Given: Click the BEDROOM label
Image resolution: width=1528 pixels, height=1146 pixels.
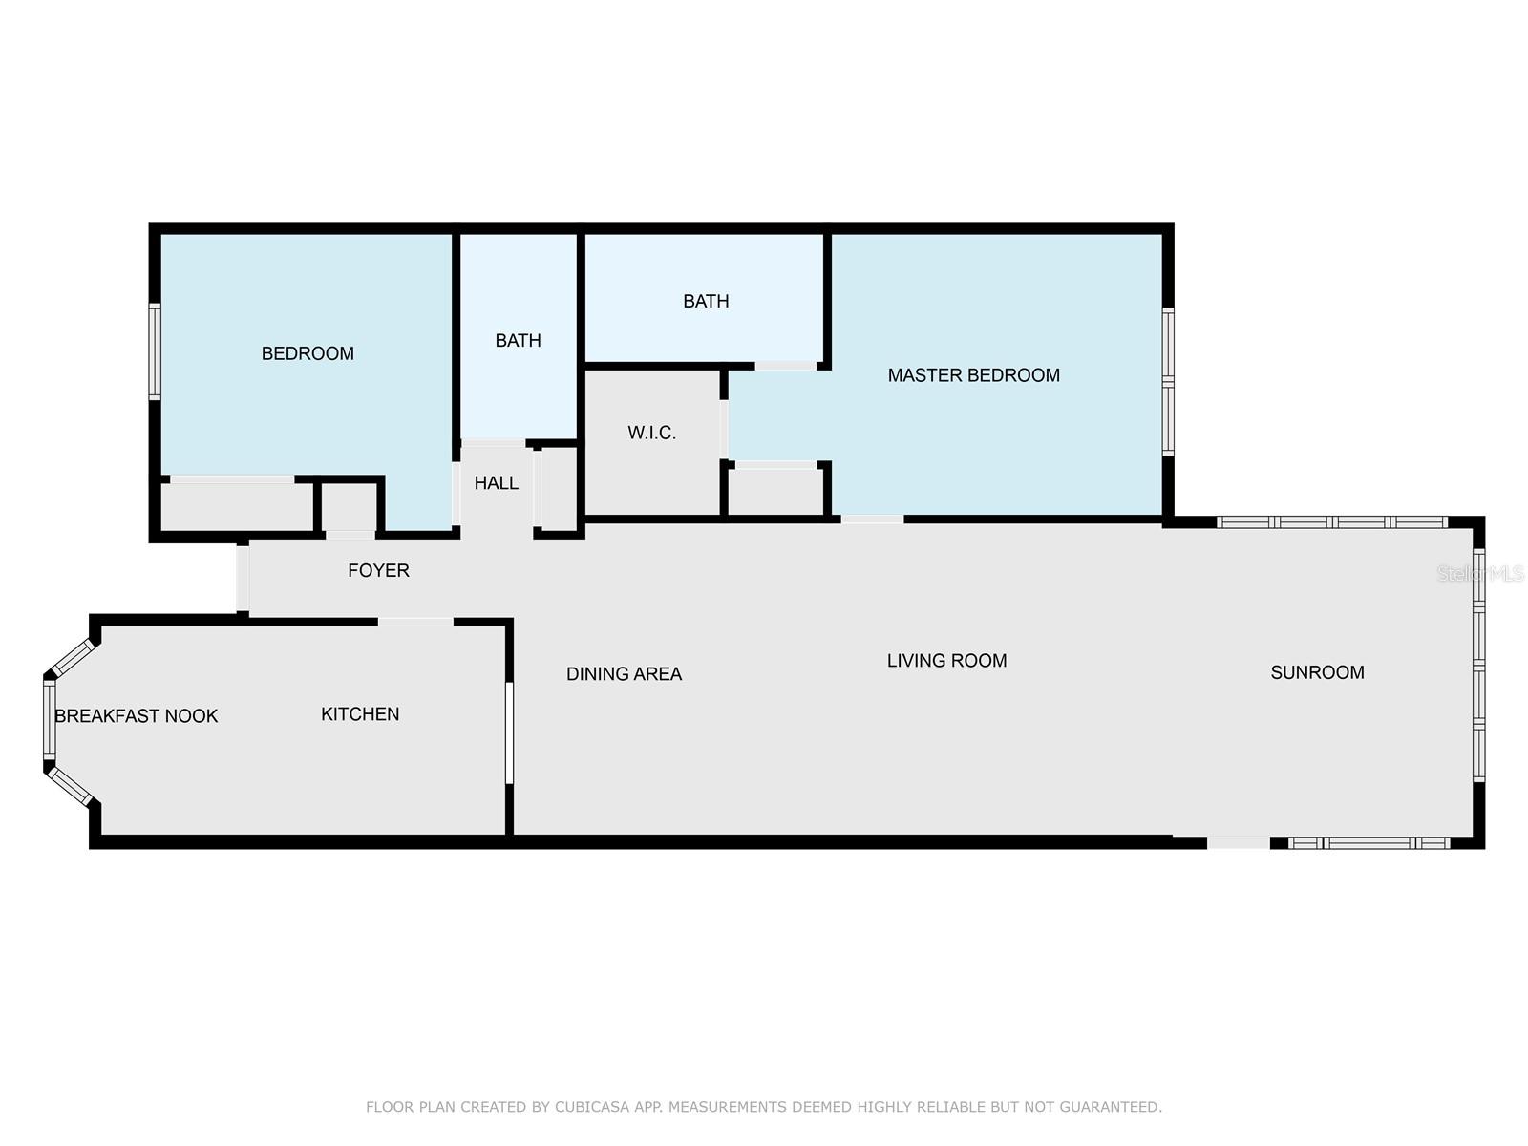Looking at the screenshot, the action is (308, 353).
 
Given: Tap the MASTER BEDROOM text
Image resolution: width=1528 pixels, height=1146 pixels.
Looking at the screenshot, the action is (973, 375).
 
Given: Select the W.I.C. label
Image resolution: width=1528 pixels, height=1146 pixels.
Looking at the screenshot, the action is (651, 433).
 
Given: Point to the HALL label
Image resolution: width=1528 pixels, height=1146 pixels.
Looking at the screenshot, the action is (497, 483).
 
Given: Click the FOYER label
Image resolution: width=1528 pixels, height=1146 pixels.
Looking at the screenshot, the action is (379, 570).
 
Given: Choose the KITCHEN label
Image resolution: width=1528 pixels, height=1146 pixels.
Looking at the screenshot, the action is (360, 714).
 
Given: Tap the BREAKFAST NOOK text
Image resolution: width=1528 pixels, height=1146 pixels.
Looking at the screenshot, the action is (137, 716).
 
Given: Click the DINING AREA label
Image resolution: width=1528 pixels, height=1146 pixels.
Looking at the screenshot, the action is (624, 673).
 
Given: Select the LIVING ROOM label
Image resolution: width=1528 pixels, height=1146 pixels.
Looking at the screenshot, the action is (946, 660).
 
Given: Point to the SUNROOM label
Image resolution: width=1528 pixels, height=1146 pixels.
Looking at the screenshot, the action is (1317, 672).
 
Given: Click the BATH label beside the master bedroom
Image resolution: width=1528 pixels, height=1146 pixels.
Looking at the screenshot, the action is (706, 301).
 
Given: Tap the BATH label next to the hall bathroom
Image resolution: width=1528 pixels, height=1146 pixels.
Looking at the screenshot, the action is (518, 340).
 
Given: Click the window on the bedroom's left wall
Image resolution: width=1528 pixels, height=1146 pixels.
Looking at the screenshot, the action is (155, 351).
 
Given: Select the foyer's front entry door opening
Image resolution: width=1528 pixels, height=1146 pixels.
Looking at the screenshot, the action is (243, 578).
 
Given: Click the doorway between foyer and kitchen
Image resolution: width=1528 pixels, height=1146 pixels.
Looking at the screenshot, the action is (415, 622).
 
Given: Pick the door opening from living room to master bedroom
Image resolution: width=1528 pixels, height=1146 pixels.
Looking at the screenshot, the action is (872, 520).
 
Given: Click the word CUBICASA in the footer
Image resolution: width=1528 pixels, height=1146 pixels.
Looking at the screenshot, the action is (591, 1106).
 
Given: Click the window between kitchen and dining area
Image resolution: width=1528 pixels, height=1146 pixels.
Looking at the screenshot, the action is (509, 732).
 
